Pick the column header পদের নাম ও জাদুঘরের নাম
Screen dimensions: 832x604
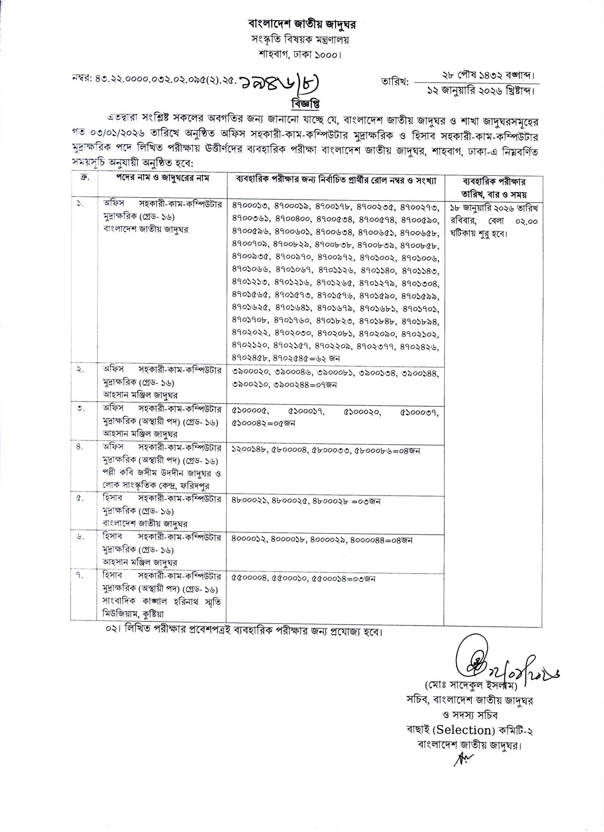tap(162, 178)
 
